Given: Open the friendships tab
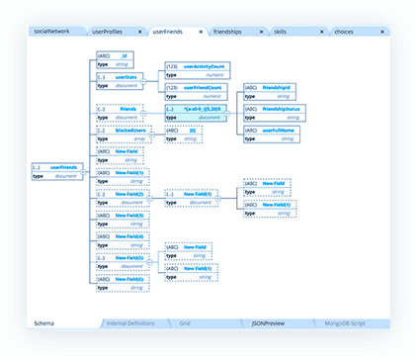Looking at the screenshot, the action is point(234,32).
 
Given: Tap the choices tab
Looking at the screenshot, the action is point(345,32).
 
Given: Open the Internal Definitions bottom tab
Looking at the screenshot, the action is point(129,323).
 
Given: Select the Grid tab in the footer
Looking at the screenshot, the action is point(185,323).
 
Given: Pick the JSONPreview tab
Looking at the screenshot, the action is point(268,323).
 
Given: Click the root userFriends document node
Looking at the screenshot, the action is point(58,167).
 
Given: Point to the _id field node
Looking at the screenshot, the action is point(120,56).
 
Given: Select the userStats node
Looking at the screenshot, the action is point(120,74).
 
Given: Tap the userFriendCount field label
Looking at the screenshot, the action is point(204,86).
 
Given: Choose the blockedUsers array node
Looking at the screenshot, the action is point(120,129).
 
